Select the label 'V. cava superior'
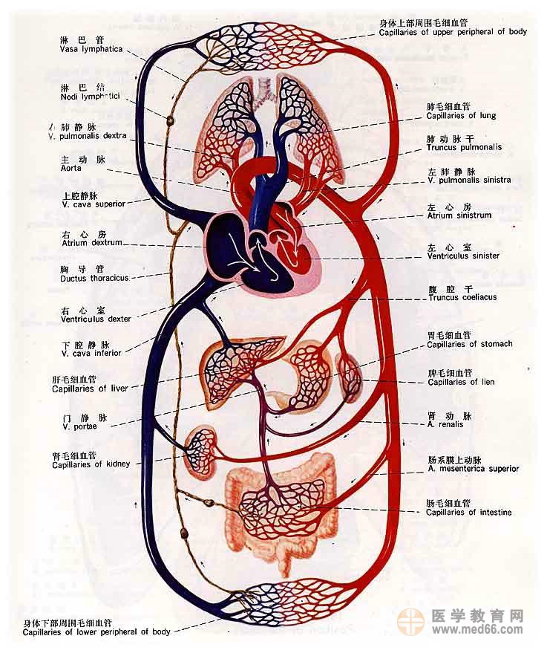pos(94,204)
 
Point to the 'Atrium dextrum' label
pos(91,243)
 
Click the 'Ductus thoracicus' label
pos(94,278)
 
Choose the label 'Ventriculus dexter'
pos(96,319)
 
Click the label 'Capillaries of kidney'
pos(91,464)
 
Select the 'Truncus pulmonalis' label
pos(464,147)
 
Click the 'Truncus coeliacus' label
pos(462,297)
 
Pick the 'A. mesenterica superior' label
pos(473,469)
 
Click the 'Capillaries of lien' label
pos(462,382)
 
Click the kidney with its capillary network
pos(200,449)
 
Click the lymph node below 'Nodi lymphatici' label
pos(169,120)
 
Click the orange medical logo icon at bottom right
pos(410,621)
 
